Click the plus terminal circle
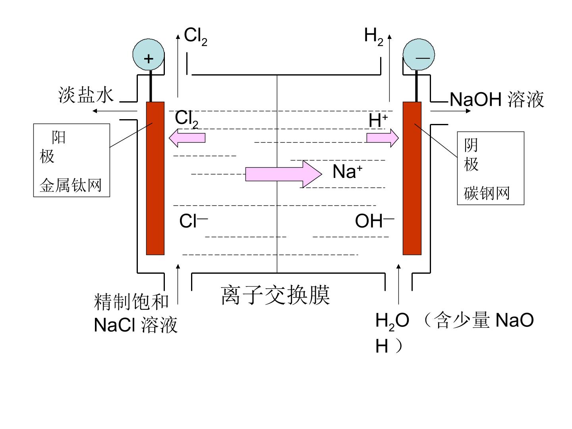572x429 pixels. [148, 54]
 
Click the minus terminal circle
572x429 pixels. [419, 54]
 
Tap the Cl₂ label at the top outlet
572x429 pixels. [195, 37]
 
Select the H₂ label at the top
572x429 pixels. [373, 37]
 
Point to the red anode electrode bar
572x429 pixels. [155, 178]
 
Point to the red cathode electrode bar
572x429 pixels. [412, 178]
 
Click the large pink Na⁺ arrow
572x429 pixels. [284, 174]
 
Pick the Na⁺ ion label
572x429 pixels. [347, 171]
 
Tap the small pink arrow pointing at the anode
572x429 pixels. [187, 138]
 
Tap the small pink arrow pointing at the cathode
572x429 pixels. [383, 138]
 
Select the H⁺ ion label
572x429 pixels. [378, 120]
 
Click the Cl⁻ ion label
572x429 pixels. [193, 220]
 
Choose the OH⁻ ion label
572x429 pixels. [375, 220]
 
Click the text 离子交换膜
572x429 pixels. [275, 296]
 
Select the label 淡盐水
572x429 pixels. [86, 95]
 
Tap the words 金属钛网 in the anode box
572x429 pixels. [70, 186]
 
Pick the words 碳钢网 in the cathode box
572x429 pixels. [486, 193]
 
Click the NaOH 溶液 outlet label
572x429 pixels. [497, 99]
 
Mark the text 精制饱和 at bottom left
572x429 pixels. [131, 301]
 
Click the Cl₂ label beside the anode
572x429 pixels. [186, 119]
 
